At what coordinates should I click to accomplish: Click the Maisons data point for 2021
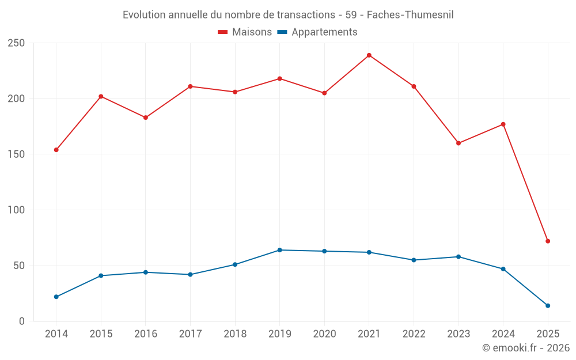pyautogui.click(x=369, y=55)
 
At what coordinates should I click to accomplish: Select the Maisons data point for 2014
pyautogui.click(x=56, y=150)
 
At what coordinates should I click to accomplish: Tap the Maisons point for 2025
pyautogui.click(x=548, y=241)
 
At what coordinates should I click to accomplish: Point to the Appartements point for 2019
pyautogui.click(x=279, y=250)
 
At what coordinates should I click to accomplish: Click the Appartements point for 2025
pyautogui.click(x=548, y=306)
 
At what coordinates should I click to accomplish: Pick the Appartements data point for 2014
pyautogui.click(x=56, y=297)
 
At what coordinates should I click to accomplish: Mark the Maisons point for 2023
pyautogui.click(x=458, y=143)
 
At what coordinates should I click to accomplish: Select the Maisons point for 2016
pyautogui.click(x=146, y=118)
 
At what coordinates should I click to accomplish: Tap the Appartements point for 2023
pyautogui.click(x=458, y=257)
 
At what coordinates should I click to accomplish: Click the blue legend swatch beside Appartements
pyautogui.click(x=282, y=32)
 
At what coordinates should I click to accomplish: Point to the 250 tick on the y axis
pyautogui.click(x=16, y=43)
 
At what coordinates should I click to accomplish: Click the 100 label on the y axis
pyautogui.click(x=16, y=210)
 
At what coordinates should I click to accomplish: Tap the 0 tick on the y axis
pyautogui.click(x=22, y=321)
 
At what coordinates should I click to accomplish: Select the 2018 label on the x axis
pyautogui.click(x=235, y=334)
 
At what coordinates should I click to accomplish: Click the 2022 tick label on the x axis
pyautogui.click(x=414, y=334)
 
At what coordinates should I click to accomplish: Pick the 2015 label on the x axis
pyautogui.click(x=101, y=334)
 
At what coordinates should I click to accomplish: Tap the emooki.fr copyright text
pyautogui.click(x=526, y=348)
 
